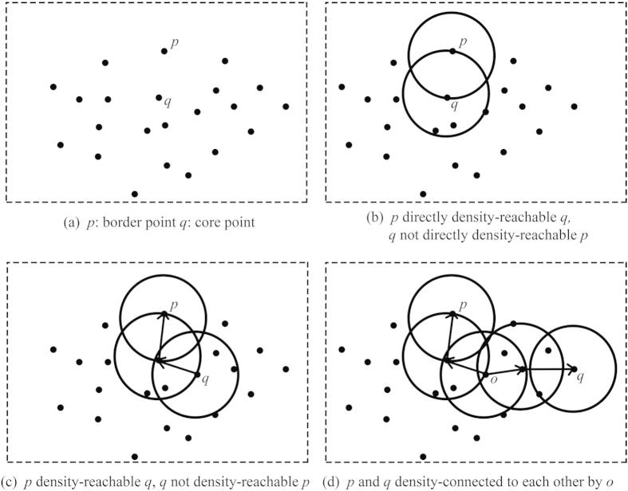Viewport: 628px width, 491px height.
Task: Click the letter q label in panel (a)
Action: point(167,103)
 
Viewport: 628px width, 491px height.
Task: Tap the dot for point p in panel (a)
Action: point(164,51)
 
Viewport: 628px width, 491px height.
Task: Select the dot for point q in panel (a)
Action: point(159,98)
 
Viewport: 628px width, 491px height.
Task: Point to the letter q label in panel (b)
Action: point(455,103)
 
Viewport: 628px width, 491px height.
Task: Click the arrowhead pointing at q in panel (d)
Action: point(568,369)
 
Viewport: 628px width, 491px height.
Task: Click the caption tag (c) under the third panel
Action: point(11,483)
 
